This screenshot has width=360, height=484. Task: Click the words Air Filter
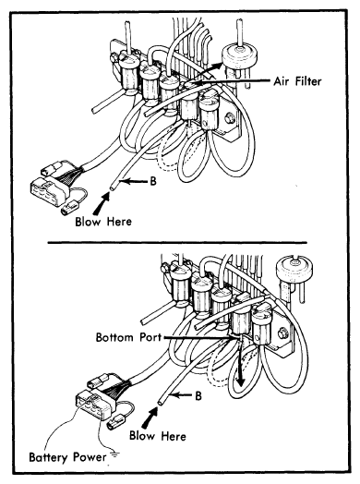pyautogui.click(x=297, y=81)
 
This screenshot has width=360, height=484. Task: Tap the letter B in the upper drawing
pyautogui.click(x=153, y=181)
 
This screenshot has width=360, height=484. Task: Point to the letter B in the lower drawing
pyautogui.click(x=198, y=395)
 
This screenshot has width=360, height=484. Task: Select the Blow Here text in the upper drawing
pyautogui.click(x=103, y=222)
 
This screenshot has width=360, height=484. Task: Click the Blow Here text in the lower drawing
pyautogui.click(x=158, y=436)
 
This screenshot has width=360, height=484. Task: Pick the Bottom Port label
pyautogui.click(x=128, y=337)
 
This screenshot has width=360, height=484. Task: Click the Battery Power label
pyautogui.click(x=67, y=457)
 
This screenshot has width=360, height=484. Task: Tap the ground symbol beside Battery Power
pyautogui.click(x=114, y=454)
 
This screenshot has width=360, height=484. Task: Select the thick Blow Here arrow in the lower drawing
pyautogui.click(x=150, y=417)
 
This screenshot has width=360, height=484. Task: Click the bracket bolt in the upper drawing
pyautogui.click(x=230, y=117)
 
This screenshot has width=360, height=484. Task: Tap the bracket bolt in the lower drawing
pyautogui.click(x=282, y=333)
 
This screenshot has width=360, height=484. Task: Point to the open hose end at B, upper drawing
pyautogui.click(x=113, y=188)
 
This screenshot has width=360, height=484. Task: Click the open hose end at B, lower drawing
pyautogui.click(x=161, y=402)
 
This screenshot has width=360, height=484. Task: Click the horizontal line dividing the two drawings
pyautogui.click(x=177, y=243)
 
